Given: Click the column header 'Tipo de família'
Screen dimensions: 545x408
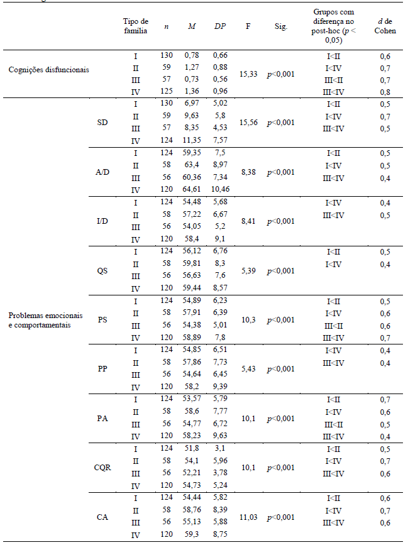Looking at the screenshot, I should click(135, 26).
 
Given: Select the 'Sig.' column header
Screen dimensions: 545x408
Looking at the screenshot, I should click(280, 26).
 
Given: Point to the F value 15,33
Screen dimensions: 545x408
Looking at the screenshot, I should click(249, 74).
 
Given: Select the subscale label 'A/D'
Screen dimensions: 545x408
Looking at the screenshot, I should click(102, 172).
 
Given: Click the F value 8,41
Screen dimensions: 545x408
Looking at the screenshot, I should click(249, 221).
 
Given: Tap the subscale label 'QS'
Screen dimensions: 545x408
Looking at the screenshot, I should click(102, 270).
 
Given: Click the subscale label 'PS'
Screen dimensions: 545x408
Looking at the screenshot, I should click(102, 319).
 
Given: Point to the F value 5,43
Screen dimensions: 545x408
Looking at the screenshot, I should click(249, 369).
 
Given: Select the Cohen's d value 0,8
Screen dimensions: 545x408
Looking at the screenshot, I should click(385, 92).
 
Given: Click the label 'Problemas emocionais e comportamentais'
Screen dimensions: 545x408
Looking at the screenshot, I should click(39, 319).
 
